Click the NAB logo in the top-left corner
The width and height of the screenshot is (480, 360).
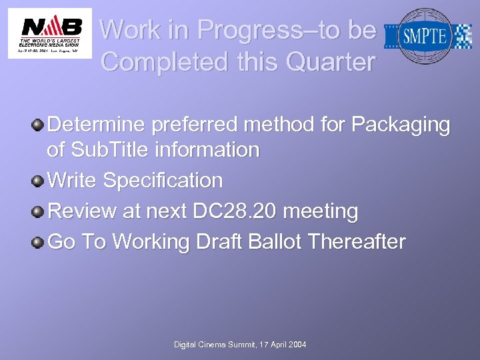(50, 33)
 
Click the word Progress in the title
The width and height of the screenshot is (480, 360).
(253, 30)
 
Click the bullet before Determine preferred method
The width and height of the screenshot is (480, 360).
(39, 125)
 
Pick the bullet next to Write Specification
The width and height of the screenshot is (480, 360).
(39, 181)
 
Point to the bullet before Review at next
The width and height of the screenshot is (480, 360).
(39, 211)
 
